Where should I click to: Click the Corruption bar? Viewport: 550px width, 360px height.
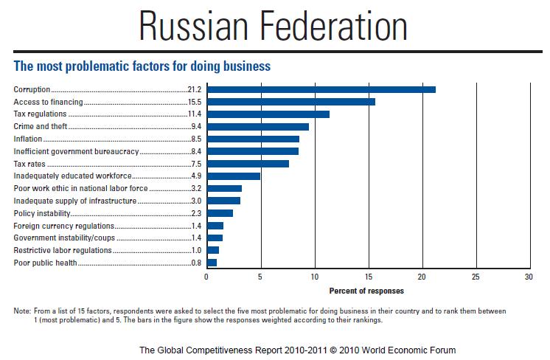tap(321, 89)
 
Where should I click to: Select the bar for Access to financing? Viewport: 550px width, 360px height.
tap(290, 102)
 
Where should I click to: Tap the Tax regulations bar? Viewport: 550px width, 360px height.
tap(268, 114)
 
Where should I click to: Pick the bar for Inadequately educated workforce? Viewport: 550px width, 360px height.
tap(233, 176)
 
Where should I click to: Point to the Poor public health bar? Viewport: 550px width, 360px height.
tap(212, 263)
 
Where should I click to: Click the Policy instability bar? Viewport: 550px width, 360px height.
tap(220, 213)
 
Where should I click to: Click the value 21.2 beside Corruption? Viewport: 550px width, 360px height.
tap(195, 89)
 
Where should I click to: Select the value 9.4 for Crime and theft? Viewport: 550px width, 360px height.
tap(196, 127)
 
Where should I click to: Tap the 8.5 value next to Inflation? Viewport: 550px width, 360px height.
tap(196, 139)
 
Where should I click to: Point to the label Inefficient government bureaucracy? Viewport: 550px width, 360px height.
tap(76, 151)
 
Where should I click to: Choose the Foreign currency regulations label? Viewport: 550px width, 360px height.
tap(64, 226)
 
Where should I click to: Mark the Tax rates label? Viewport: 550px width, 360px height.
tap(30, 164)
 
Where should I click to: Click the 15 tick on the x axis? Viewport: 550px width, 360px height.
tap(368, 277)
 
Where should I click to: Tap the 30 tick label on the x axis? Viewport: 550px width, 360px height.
tap(529, 277)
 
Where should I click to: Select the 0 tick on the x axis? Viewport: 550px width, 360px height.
tap(206, 277)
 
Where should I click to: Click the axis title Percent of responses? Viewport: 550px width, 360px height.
tap(367, 291)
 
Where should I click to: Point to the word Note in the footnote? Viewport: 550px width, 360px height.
tap(21, 311)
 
